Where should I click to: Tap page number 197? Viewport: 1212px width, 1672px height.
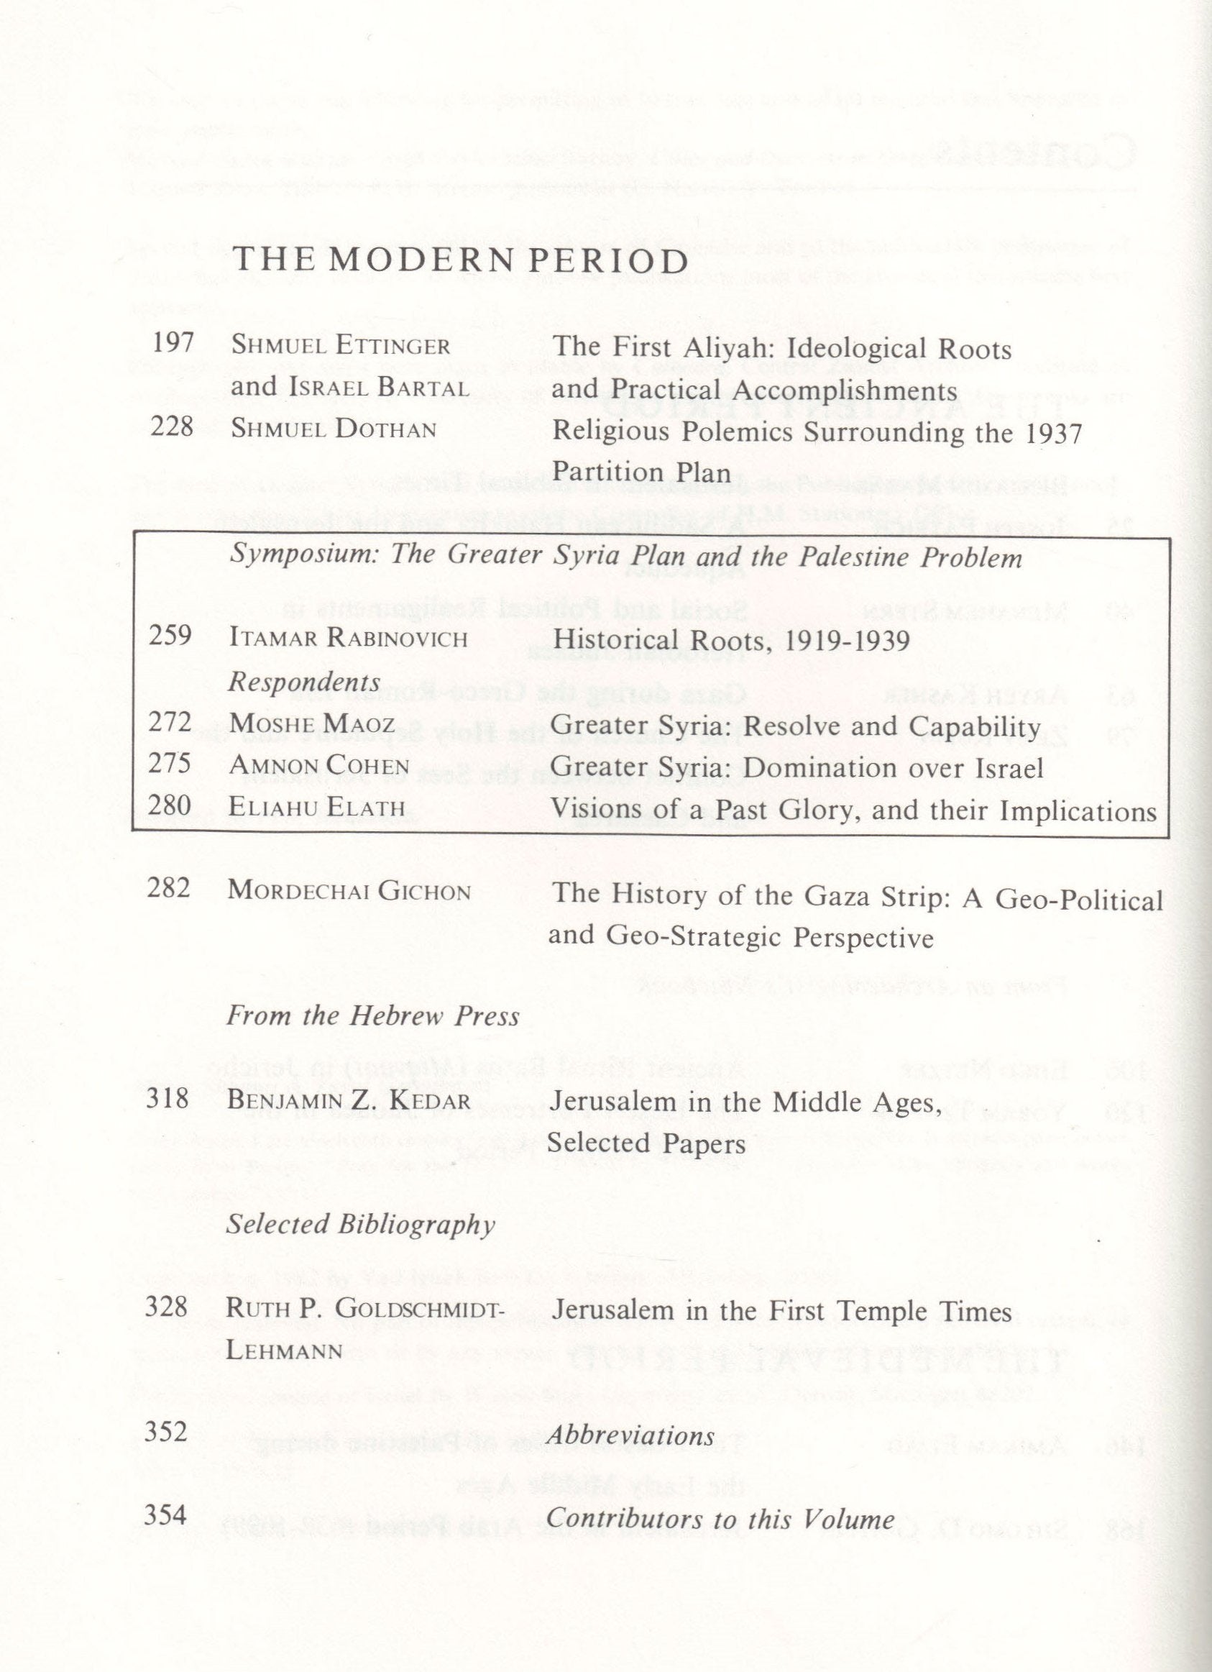point(172,344)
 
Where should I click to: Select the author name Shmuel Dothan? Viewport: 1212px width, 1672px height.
point(333,429)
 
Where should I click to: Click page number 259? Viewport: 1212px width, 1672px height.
point(170,636)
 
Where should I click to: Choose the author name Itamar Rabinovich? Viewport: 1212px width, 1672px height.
point(348,638)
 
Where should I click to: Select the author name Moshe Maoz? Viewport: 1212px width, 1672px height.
point(311,724)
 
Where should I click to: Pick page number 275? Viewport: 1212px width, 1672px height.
point(170,764)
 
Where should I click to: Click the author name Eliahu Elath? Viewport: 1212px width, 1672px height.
point(317,808)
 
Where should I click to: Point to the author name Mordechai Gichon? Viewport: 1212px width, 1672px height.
point(349,891)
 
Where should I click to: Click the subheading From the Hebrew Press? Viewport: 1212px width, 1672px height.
point(373,1017)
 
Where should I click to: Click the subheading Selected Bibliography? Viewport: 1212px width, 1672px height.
point(360,1225)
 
